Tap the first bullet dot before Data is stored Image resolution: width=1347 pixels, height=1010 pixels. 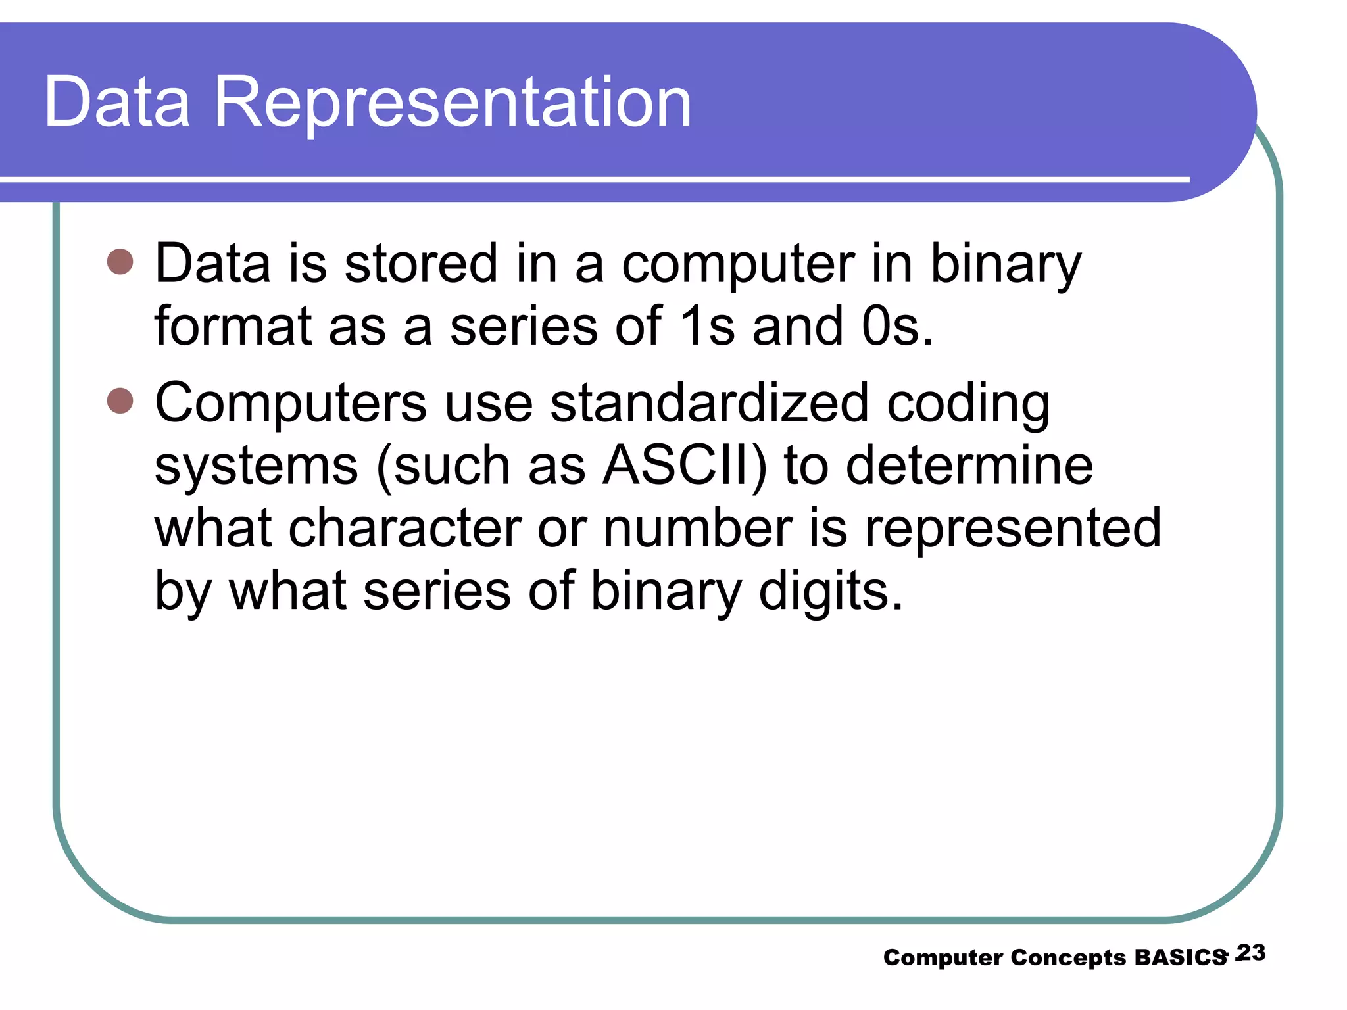pos(120,262)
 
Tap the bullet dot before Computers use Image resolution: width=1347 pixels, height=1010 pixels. pos(120,400)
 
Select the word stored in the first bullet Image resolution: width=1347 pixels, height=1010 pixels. pos(421,264)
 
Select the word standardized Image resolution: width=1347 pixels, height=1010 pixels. pos(709,403)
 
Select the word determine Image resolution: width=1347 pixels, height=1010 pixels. pos(969,466)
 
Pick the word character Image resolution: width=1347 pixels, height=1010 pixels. pos(404,528)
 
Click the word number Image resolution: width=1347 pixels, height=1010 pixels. pos(698,528)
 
